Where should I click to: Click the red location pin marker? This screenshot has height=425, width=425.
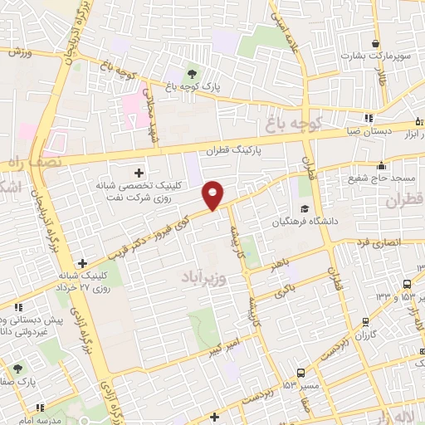coord(213,194)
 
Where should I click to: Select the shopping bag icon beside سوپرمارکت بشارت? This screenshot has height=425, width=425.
coord(377,44)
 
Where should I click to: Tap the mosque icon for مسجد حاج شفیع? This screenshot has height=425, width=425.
coord(381,164)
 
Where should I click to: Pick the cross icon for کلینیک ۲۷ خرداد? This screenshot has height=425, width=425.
coord(81,264)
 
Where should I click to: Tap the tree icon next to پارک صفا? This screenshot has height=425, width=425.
coord(18,366)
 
